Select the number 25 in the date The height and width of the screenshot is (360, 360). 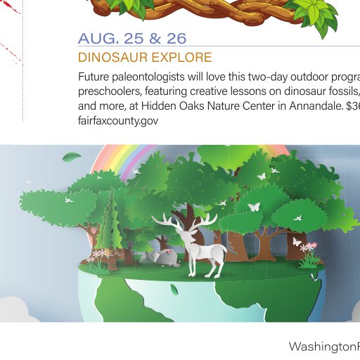pyautogui.click(x=134, y=39)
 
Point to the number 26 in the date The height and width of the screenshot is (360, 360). pyautogui.click(x=176, y=39)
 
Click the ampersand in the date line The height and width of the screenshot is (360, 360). pyautogui.click(x=155, y=39)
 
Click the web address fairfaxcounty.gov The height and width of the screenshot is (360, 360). pyautogui.click(x=118, y=121)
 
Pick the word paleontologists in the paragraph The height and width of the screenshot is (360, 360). pyautogui.click(x=148, y=77)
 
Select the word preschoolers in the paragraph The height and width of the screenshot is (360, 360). pyautogui.click(x=110, y=91)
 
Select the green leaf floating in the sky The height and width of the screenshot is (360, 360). pyautogui.click(x=72, y=156)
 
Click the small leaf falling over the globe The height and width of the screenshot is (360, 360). pyautogui.click(x=174, y=290)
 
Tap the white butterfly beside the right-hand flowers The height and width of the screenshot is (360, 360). pyautogui.click(x=297, y=242)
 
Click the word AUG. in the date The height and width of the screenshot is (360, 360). pyautogui.click(x=98, y=39)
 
